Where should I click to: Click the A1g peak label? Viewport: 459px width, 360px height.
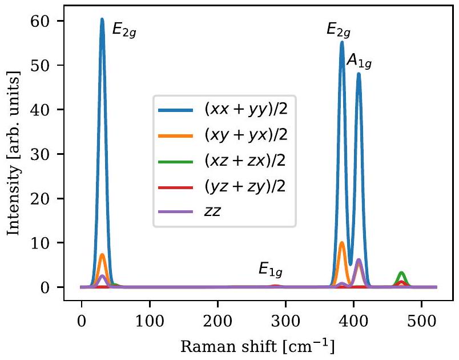coord(360,61)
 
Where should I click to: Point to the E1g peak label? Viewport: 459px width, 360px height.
coord(271,269)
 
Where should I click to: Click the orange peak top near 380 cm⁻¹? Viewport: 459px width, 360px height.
coord(341,243)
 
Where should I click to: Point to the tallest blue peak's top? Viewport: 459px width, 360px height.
coord(102,20)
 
